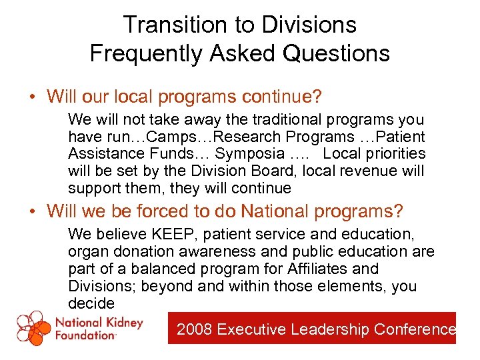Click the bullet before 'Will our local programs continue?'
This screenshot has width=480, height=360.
click(x=32, y=97)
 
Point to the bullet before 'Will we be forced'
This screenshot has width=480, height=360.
click(x=32, y=213)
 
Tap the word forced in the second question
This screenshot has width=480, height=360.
click(x=165, y=212)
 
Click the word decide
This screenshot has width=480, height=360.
click(x=91, y=304)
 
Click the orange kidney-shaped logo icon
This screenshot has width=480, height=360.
click(x=33, y=327)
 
